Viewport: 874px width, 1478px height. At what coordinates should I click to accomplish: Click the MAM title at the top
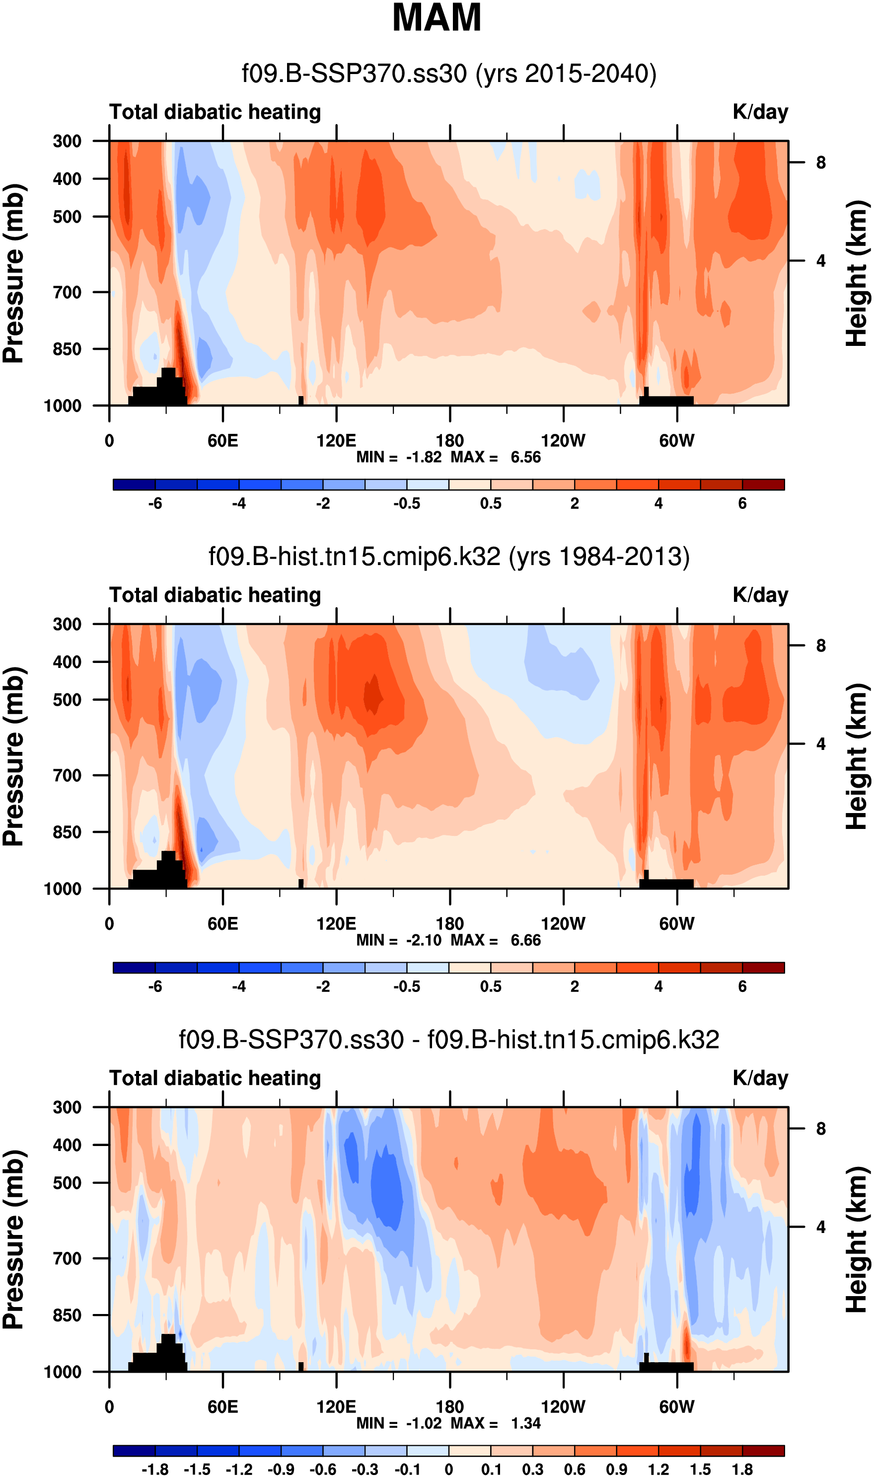click(x=437, y=18)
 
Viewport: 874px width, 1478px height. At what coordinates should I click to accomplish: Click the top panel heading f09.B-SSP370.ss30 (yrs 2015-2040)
click(x=449, y=74)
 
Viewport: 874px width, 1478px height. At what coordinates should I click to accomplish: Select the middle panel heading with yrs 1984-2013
click(x=449, y=557)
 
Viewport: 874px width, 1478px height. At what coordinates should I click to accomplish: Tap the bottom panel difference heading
click(x=449, y=1040)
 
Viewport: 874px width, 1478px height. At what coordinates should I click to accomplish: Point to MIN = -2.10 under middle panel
click(x=399, y=940)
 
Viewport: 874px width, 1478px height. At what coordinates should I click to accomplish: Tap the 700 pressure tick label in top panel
click(x=67, y=292)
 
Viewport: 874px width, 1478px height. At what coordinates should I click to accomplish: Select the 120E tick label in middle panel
click(x=336, y=923)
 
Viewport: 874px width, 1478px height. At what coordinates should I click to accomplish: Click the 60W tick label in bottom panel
click(x=677, y=1407)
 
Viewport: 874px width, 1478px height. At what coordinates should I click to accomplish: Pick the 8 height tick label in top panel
click(x=821, y=163)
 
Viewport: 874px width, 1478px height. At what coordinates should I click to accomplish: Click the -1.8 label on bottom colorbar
click(x=155, y=1470)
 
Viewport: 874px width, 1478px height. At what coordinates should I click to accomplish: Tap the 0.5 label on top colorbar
click(x=491, y=504)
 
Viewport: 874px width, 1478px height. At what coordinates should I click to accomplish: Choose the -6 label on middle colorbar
click(x=155, y=986)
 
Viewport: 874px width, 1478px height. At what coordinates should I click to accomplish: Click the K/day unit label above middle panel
click(x=760, y=595)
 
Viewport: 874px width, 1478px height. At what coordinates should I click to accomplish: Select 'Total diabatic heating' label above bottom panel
click(x=215, y=1078)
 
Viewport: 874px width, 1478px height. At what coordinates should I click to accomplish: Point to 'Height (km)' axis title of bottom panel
click(x=858, y=1239)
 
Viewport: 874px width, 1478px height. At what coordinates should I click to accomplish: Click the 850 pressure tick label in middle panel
click(x=67, y=832)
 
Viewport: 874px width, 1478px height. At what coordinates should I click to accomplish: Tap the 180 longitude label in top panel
click(x=449, y=441)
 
